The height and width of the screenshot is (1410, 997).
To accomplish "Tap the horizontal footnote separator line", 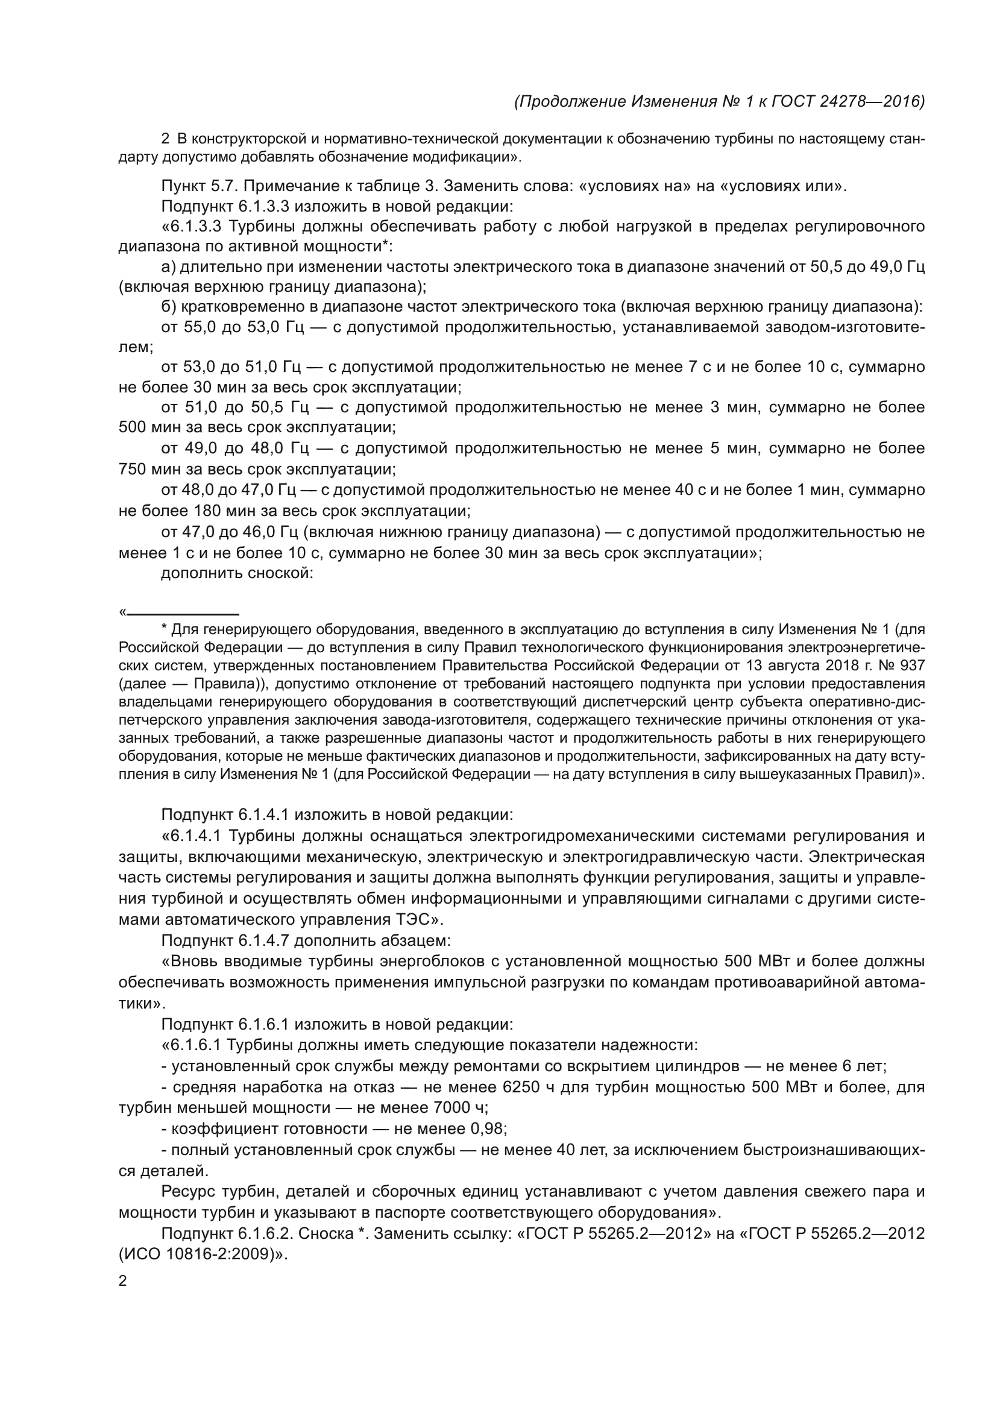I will [x=183, y=614].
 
